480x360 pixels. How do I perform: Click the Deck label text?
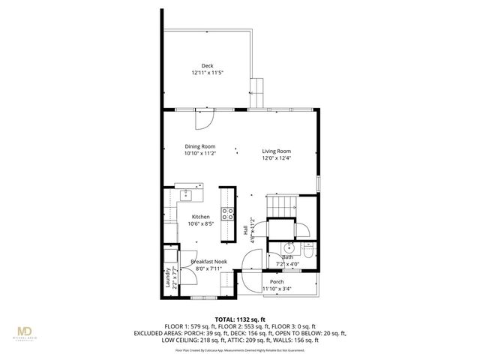pyautogui.click(x=207, y=66)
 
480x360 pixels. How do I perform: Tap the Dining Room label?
pyautogui.click(x=200, y=146)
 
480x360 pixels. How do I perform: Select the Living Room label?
pyautogui.click(x=276, y=151)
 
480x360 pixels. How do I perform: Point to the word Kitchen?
pyautogui.click(x=200, y=217)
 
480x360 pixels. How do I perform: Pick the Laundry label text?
pyautogui.click(x=168, y=278)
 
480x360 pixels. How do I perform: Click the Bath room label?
pyautogui.click(x=288, y=257)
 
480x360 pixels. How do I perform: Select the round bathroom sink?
pyautogui.click(x=288, y=247)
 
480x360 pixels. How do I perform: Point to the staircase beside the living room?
pyautogui.click(x=280, y=202)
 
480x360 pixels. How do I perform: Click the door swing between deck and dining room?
pyautogui.click(x=205, y=119)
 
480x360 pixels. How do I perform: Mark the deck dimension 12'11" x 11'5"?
pyautogui.click(x=207, y=73)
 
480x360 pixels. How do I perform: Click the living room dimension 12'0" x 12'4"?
pyautogui.click(x=276, y=157)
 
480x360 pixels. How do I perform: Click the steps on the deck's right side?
pyautogui.click(x=257, y=91)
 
